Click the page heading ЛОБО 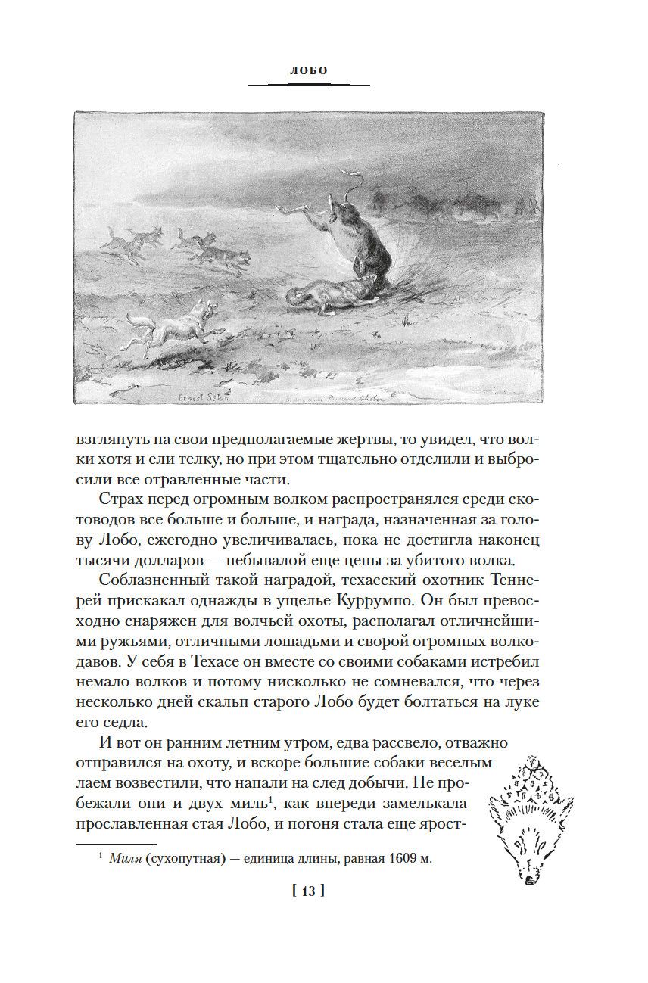click(x=308, y=70)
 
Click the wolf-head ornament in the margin click(x=533, y=818)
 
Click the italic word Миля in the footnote click(x=124, y=858)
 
